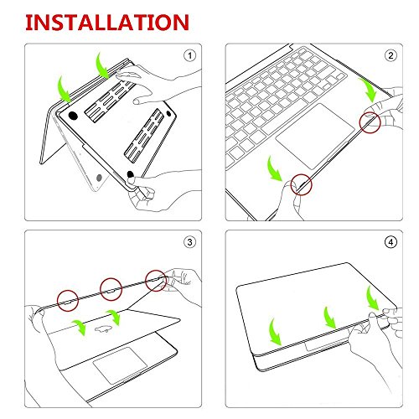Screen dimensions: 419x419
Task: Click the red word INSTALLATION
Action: tap(99, 20)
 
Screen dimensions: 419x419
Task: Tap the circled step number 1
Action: tap(189, 57)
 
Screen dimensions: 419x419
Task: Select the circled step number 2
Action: tap(390, 57)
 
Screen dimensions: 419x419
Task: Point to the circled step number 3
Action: tap(189, 244)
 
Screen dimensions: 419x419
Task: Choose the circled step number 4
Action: tap(390, 244)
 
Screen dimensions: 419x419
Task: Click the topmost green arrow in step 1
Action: tap(101, 64)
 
